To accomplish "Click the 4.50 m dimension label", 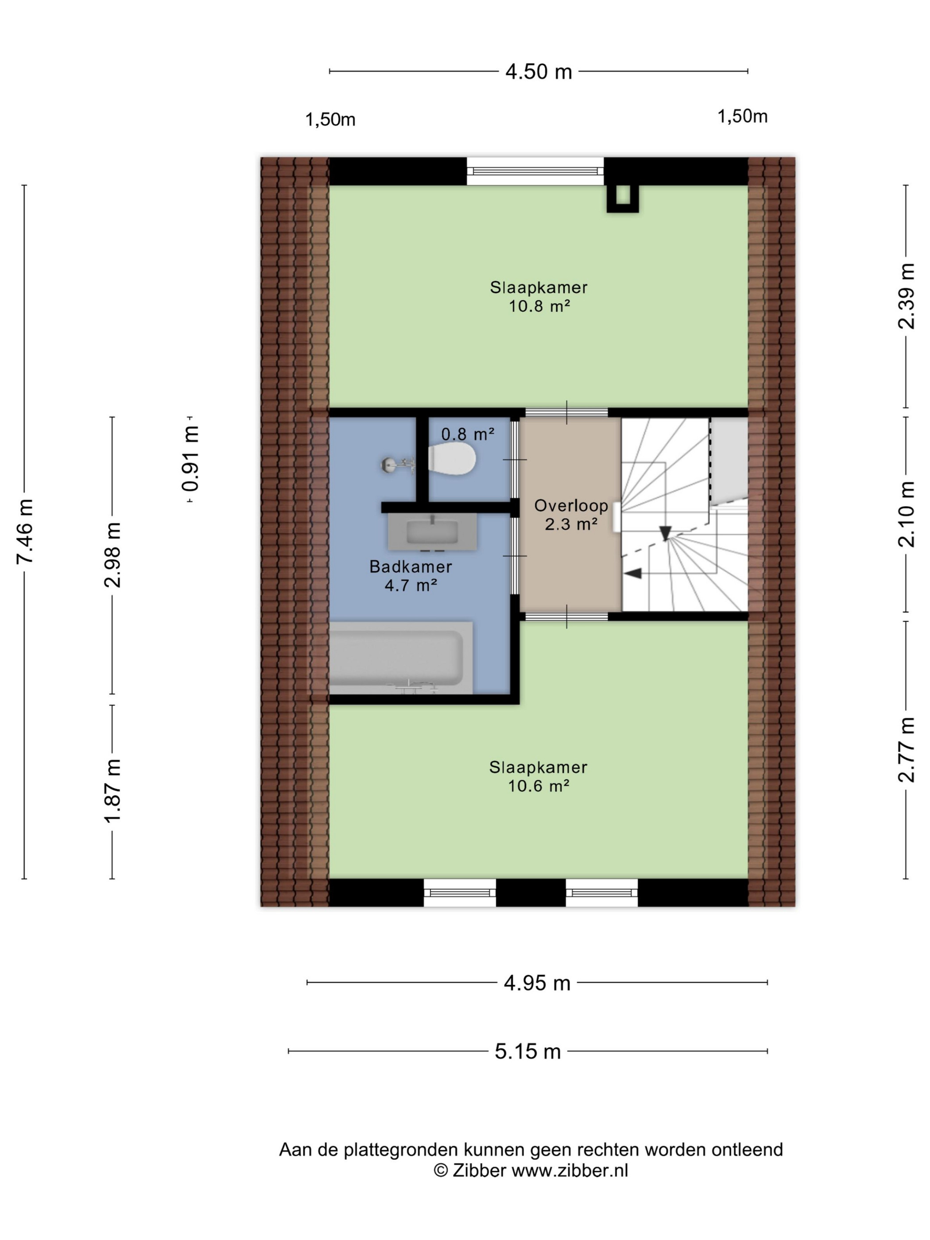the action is click(x=538, y=72).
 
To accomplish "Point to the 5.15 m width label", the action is click(x=527, y=1051).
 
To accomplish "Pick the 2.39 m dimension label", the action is click(x=907, y=296).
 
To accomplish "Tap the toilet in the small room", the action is click(x=452, y=458).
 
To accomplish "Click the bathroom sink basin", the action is click(x=432, y=531).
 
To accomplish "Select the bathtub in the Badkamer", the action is click(x=400, y=657).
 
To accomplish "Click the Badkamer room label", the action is click(x=411, y=566).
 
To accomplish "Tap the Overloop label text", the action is click(x=571, y=505).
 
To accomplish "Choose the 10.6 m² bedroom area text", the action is click(x=539, y=785).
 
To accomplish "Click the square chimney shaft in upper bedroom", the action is click(x=622, y=198).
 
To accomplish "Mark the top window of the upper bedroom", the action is click(x=535, y=171).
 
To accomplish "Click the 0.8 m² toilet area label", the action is click(x=468, y=434).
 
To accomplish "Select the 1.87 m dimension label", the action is click(x=112, y=791).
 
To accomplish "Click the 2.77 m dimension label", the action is click(x=907, y=749).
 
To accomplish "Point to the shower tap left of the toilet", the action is click(x=399, y=465).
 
